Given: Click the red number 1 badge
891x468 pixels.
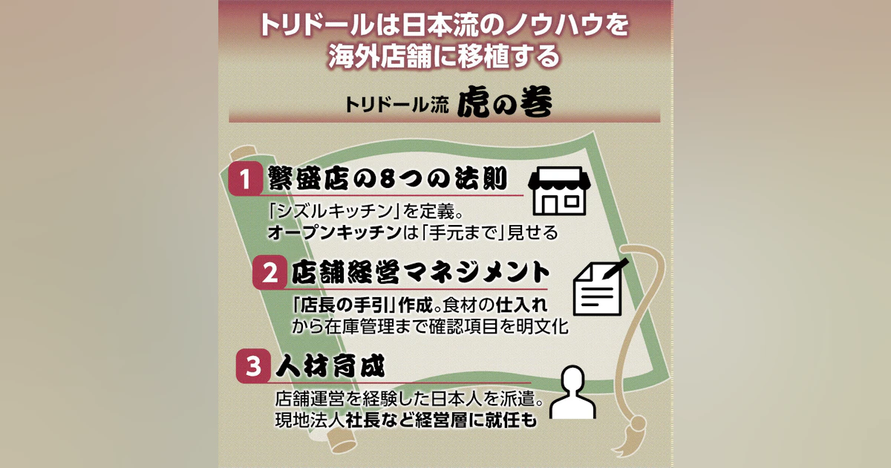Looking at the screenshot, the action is click(x=246, y=178).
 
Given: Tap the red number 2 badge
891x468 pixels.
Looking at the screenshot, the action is click(x=270, y=273).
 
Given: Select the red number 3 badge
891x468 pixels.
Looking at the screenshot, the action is click(x=253, y=366).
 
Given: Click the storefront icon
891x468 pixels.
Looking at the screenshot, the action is click(x=559, y=191).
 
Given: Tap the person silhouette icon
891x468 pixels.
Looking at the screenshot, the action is click(x=572, y=392).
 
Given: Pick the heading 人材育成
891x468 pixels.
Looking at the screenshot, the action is click(x=330, y=365).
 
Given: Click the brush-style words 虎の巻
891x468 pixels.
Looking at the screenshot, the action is click(x=505, y=102).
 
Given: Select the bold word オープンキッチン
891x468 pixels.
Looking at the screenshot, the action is click(x=334, y=233).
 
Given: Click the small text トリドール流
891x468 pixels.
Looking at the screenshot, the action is click(x=396, y=105).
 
